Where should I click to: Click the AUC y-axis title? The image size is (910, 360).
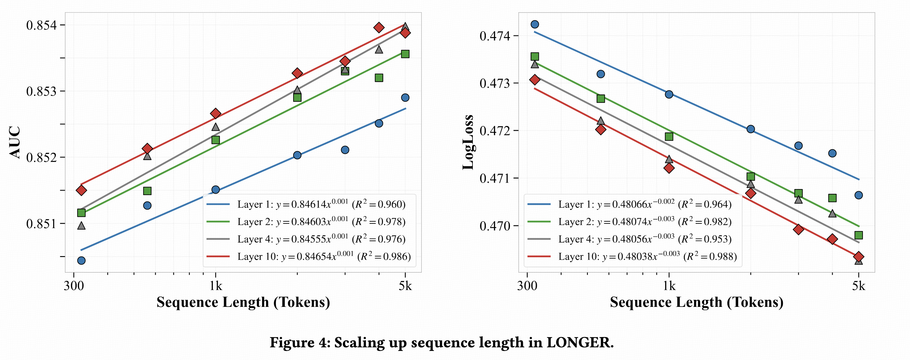point(15,142)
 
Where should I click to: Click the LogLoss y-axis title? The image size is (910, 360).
point(468,142)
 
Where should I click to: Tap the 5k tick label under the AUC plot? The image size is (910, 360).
point(405,285)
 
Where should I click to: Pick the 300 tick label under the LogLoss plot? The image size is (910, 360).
point(527,285)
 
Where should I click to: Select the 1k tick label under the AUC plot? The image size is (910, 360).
point(216,285)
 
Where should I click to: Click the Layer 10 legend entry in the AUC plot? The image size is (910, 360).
point(307,256)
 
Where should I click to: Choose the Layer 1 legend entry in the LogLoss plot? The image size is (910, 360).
point(629,204)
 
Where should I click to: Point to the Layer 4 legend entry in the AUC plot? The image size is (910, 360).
point(306,239)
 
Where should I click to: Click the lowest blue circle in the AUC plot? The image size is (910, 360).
point(81,261)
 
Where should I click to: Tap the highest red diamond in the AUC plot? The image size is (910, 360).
point(379,27)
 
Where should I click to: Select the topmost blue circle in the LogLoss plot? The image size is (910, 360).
point(535,24)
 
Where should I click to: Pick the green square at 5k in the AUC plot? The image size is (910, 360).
point(405,54)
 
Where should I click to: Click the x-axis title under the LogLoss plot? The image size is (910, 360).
point(696,302)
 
